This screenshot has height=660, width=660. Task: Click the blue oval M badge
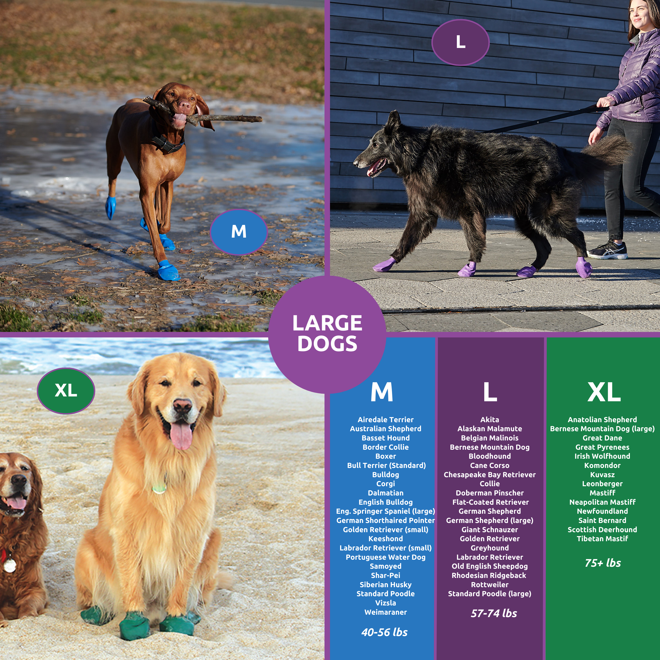[x=238, y=232]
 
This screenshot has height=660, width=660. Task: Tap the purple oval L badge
[x=460, y=42]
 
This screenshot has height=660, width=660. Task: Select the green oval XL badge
[x=66, y=390]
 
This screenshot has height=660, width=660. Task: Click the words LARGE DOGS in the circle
[x=327, y=333]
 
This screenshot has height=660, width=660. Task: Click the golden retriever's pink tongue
[x=181, y=436]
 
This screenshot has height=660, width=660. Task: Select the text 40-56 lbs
[x=384, y=632]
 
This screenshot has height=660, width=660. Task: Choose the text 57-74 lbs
[x=494, y=613]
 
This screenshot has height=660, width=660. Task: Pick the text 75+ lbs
[x=603, y=563]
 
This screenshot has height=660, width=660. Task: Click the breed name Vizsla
[x=386, y=603]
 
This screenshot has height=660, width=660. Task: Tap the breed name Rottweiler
[x=489, y=585]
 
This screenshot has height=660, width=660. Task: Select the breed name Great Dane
[x=602, y=438]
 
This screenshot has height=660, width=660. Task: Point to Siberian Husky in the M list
[x=386, y=585]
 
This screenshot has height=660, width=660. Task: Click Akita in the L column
[x=489, y=420]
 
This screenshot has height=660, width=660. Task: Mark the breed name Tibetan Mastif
[x=602, y=539]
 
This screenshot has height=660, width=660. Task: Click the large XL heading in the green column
[x=604, y=392]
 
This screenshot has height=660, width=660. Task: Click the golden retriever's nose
[x=182, y=405]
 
